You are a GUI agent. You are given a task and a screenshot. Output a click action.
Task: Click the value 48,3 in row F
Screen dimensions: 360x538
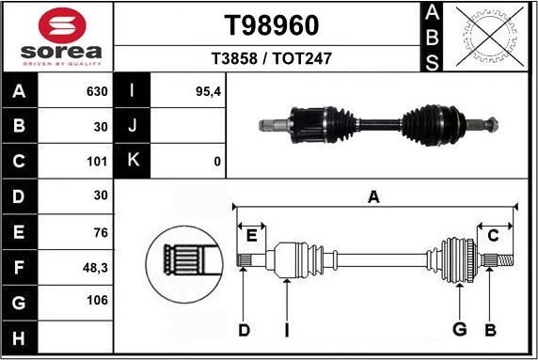coord(95,267)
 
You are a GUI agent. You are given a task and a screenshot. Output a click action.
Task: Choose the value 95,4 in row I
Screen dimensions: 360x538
coord(207,92)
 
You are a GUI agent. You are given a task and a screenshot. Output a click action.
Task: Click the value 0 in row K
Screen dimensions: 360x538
coord(217,161)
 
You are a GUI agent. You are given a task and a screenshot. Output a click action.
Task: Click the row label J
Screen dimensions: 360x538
coord(132,126)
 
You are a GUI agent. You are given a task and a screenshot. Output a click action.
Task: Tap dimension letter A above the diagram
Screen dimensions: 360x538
coord(373,197)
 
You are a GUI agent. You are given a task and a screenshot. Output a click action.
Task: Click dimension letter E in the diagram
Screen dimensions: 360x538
coord(251,235)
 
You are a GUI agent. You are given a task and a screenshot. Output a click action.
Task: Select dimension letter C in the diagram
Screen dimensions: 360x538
coord(493,235)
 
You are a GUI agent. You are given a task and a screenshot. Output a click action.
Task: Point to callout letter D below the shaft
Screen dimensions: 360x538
coord(244,330)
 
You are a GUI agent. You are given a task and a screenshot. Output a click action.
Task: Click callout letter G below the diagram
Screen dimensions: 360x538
coord(459,330)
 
